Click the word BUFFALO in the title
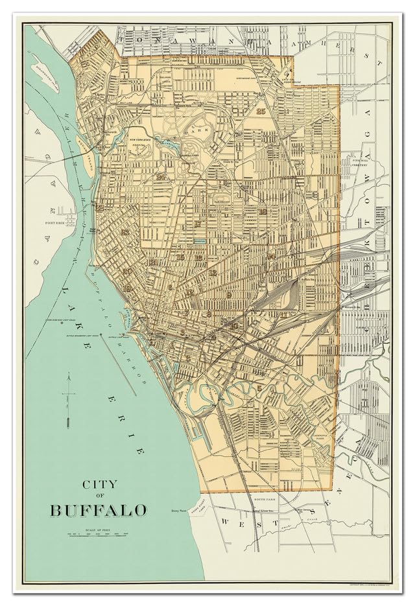pos(99,510)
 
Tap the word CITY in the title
pos(99,484)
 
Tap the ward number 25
pos(261,111)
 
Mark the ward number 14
pos(270,256)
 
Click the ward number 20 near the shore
pos(127,272)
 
